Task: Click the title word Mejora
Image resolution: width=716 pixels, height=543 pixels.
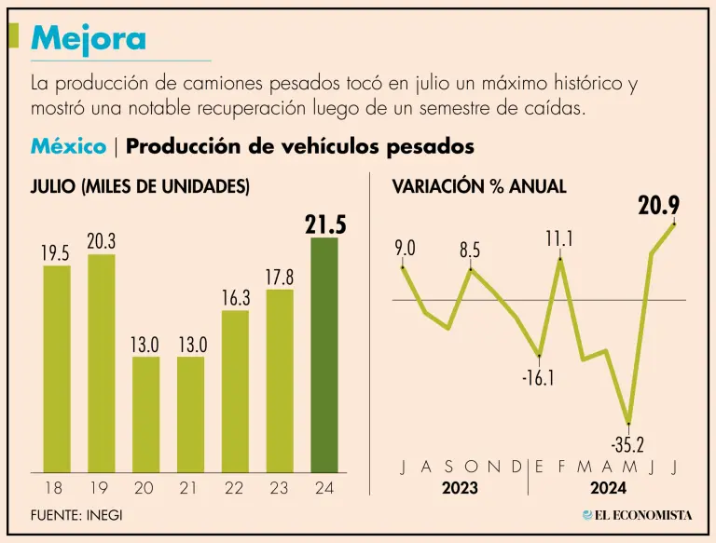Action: [89, 38]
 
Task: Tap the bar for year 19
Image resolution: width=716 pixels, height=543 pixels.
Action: [102, 362]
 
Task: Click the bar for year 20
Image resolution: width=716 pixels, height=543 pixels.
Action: [146, 414]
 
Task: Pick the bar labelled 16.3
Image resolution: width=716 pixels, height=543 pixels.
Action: [236, 390]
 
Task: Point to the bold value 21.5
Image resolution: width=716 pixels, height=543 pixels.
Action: [325, 224]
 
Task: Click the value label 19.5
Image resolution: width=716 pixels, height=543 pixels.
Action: [56, 252]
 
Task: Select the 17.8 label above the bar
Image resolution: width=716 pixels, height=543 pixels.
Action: [280, 277]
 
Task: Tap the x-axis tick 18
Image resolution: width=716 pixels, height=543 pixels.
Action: [56, 487]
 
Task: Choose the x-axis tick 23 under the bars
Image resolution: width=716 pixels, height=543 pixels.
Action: [280, 487]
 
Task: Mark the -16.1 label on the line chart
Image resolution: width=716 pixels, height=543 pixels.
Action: [539, 377]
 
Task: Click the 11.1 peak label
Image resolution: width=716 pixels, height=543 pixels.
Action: [559, 239]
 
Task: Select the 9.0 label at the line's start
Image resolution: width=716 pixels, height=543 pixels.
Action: [405, 248]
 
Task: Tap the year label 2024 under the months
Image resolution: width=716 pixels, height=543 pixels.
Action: [607, 488]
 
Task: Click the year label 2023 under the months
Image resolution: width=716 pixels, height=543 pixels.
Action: [460, 488]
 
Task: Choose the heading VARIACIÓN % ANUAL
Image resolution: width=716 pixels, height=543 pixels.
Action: [478, 186]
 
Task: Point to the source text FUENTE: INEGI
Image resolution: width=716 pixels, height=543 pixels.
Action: [76, 515]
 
